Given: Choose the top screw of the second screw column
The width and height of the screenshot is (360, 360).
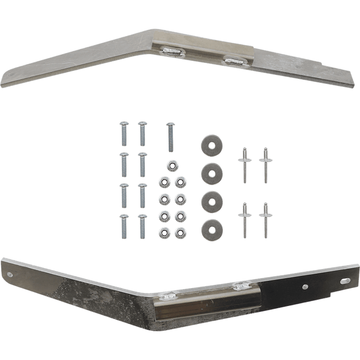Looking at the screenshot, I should pos(142,133).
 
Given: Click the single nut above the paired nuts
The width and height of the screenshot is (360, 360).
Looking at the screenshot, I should pos(172,165).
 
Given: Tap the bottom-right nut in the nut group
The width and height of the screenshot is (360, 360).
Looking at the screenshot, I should pos(180,232).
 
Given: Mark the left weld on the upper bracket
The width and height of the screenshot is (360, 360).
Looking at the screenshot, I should pos(172,51).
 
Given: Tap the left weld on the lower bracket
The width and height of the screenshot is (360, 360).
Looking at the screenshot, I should pos(168,294).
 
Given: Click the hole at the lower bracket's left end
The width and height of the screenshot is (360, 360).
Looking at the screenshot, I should pos(12,274).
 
